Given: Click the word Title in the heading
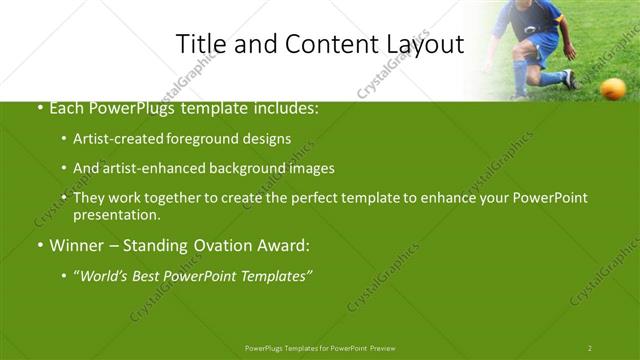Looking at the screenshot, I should point(199,45).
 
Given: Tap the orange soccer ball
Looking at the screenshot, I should point(614,89).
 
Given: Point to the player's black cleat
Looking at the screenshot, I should point(569,79).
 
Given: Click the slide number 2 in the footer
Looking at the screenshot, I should point(590,347).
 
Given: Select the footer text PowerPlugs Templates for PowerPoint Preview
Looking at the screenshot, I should point(320,347).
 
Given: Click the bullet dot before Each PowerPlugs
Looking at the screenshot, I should point(39,109).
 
